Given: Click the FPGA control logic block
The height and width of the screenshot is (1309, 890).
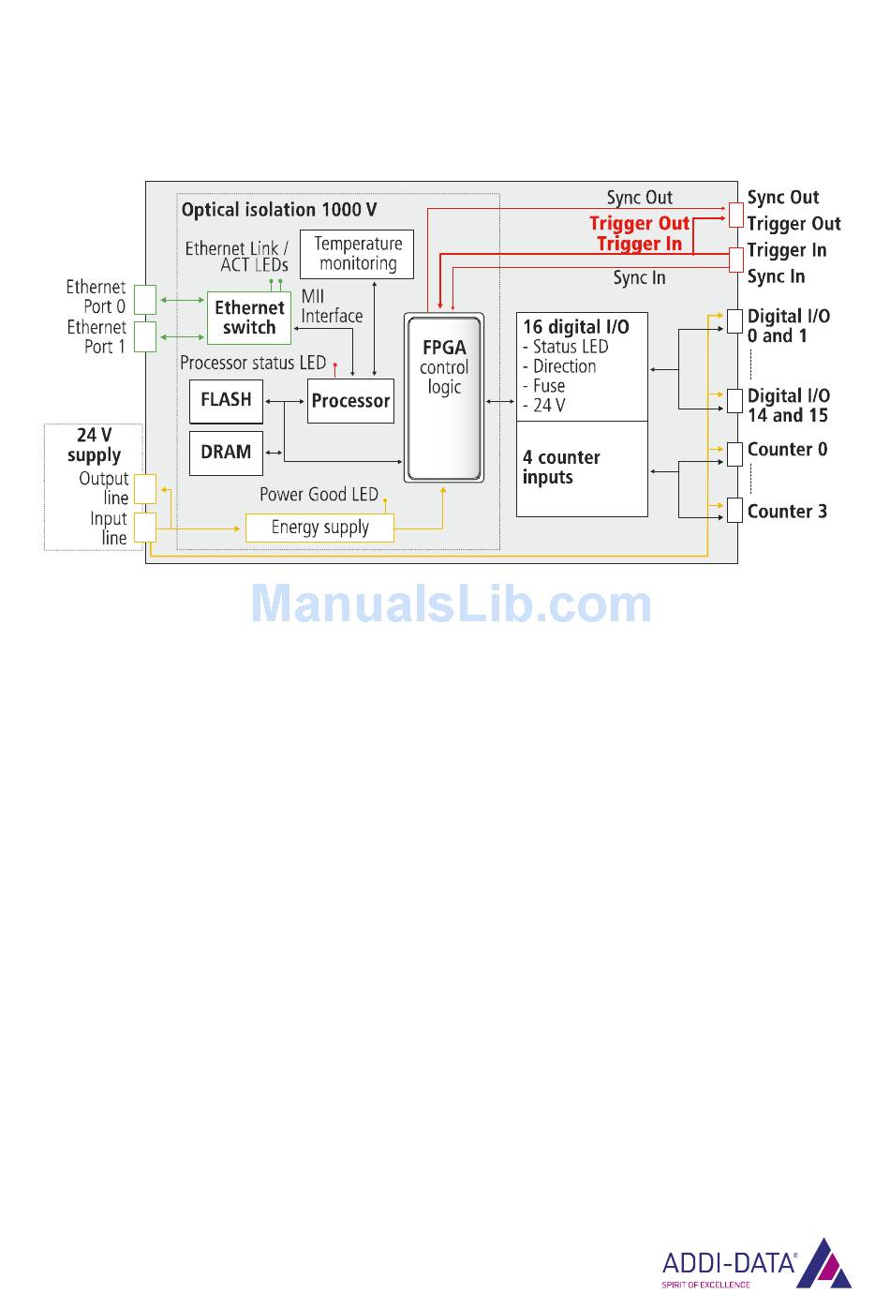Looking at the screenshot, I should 444,398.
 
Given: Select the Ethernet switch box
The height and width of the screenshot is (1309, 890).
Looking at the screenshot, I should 249,318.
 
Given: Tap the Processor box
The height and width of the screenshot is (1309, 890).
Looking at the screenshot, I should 350,401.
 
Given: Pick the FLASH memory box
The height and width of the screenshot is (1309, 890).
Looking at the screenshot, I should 226,400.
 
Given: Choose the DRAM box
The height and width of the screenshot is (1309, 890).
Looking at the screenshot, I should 226,453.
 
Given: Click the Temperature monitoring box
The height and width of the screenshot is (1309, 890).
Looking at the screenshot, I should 357,254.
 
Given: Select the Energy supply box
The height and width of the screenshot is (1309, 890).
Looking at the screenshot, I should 319,528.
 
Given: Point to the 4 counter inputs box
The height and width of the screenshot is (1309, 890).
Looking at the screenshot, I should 582,469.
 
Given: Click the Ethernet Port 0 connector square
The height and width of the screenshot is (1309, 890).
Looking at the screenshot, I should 144,299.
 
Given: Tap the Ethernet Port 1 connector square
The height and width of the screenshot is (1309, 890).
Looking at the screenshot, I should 144,336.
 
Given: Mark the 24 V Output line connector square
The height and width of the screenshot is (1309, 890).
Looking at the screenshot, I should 144,488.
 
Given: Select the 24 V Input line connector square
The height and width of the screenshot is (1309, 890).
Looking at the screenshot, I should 144,527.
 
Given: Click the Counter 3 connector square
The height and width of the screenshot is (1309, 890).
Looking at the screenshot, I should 734,511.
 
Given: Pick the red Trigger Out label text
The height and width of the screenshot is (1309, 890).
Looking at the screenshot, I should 639,223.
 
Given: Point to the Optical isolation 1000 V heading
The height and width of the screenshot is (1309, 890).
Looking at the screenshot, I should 279,210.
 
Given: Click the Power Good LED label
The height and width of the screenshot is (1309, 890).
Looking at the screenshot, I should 319,495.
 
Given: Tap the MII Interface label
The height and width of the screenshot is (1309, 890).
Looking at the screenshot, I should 332,306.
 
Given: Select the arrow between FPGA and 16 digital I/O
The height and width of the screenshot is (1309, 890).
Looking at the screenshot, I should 500,401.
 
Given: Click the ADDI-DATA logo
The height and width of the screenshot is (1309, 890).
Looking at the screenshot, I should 756,1264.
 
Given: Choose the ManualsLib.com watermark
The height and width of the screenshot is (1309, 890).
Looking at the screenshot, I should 451,603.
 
